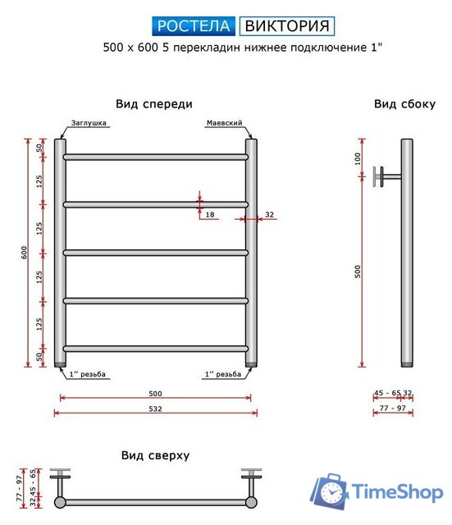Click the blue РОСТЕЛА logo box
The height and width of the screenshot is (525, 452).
(x=194, y=26)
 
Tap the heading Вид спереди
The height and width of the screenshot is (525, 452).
(x=154, y=104)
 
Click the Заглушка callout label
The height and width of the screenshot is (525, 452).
(x=89, y=123)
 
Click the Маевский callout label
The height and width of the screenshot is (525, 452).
(x=223, y=123)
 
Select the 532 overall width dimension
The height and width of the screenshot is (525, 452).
(x=155, y=408)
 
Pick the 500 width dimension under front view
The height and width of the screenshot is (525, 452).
(x=155, y=393)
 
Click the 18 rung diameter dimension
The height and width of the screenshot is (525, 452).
(x=210, y=214)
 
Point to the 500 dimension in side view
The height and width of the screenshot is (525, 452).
(x=358, y=272)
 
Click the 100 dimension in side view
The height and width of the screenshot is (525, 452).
(x=358, y=157)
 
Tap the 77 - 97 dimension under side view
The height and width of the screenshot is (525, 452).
(x=393, y=408)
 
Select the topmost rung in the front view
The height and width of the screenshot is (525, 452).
(x=155, y=156)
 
